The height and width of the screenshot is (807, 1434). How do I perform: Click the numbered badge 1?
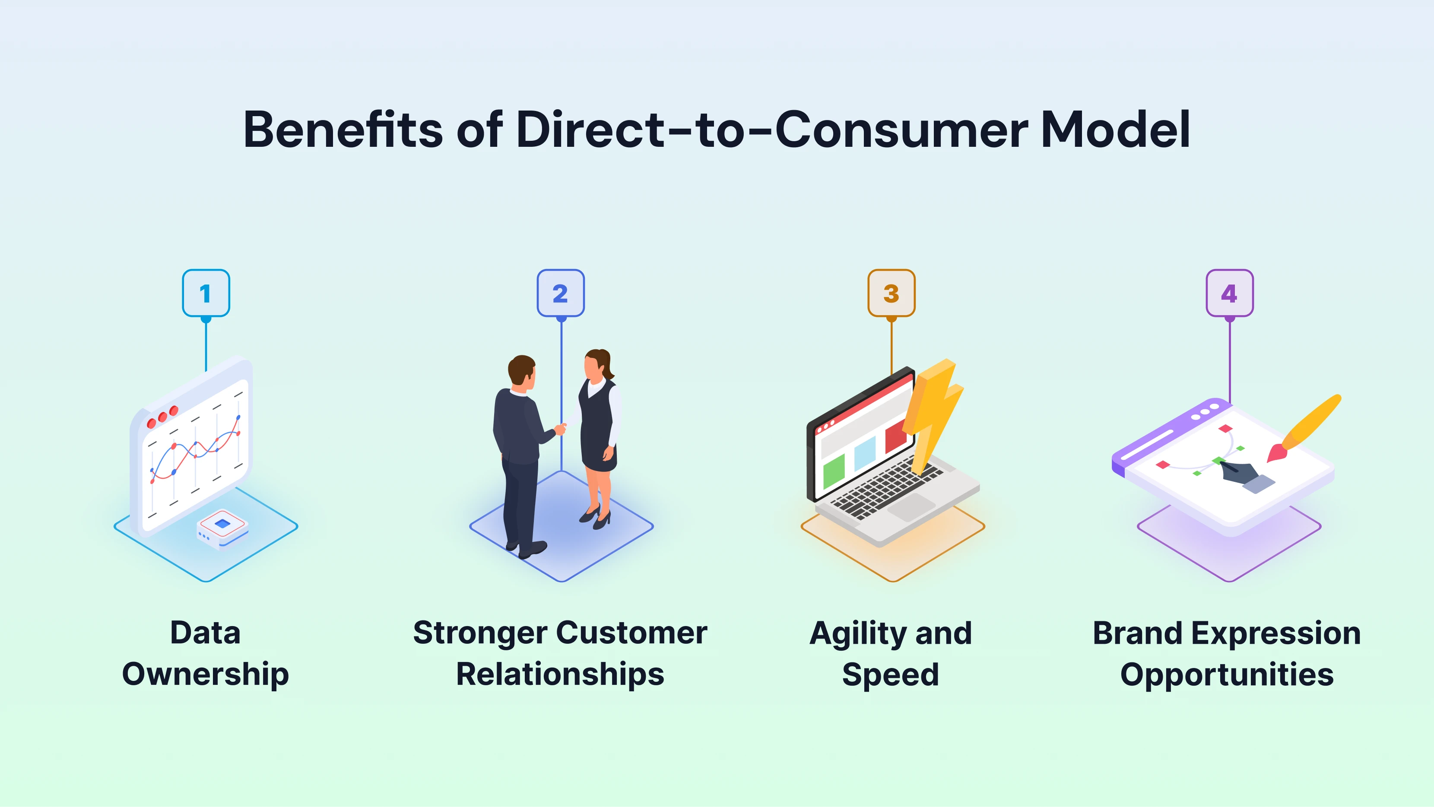(206, 293)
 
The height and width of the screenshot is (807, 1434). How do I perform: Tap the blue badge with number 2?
(561, 293)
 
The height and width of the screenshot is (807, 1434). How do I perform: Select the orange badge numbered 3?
(891, 293)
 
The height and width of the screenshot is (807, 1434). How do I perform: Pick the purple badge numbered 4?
(1229, 293)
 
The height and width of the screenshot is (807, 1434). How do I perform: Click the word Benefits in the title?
(343, 130)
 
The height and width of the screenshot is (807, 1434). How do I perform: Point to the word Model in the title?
(1115, 130)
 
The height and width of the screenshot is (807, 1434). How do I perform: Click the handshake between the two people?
(561, 429)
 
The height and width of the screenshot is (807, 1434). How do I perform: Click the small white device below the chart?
(223, 529)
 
